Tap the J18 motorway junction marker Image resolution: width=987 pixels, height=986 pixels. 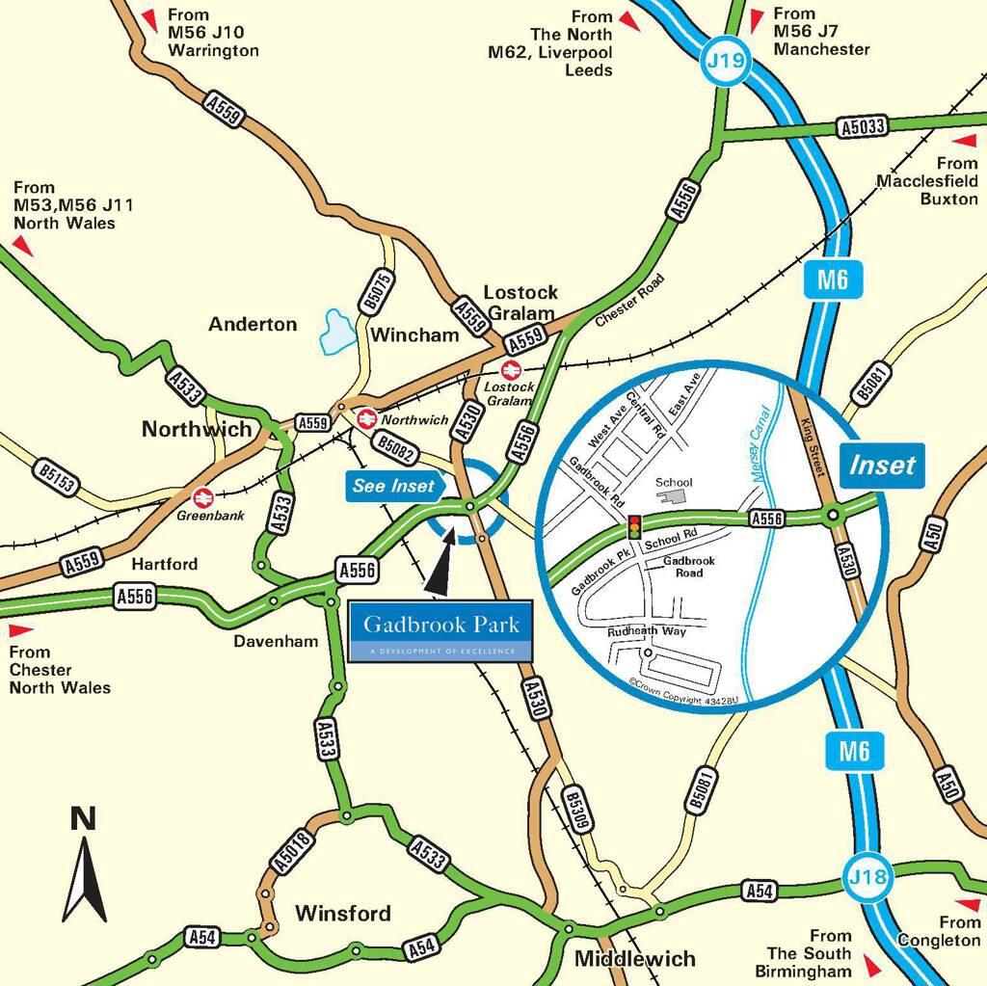pyautogui.click(x=867, y=878)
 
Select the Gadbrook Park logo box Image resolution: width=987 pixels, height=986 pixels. pyautogui.click(x=440, y=632)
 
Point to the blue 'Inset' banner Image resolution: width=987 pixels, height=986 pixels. pyautogui.click(x=881, y=465)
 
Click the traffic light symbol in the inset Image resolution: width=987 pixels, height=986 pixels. pyautogui.click(x=634, y=527)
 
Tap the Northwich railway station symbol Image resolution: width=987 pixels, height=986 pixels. pyautogui.click(x=366, y=419)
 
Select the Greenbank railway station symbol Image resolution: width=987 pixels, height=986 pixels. pyautogui.click(x=202, y=497)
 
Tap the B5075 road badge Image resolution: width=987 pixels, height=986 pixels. pyautogui.click(x=378, y=291)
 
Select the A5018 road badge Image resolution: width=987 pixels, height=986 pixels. pyautogui.click(x=292, y=852)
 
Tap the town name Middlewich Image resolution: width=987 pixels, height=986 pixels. pyautogui.click(x=634, y=958)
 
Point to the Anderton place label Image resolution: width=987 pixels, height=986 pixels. pyautogui.click(x=253, y=325)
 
